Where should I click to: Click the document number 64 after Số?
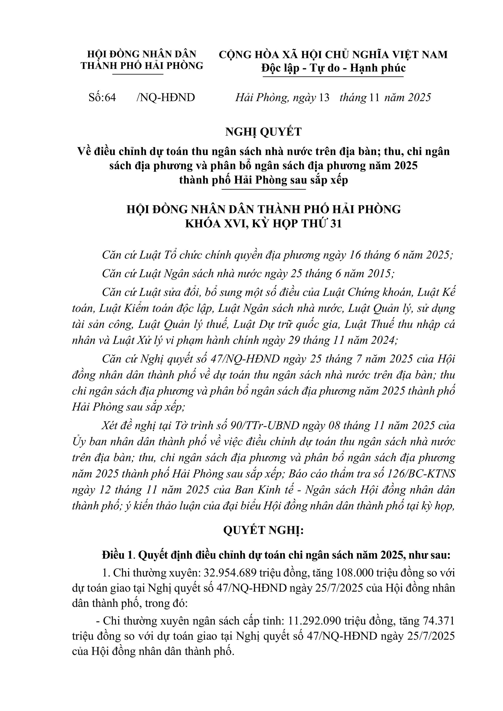(x=110, y=97)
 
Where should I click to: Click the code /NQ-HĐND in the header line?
(x=166, y=97)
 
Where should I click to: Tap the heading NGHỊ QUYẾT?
(x=263, y=132)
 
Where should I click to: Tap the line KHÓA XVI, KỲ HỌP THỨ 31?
(x=263, y=224)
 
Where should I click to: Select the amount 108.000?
(x=354, y=573)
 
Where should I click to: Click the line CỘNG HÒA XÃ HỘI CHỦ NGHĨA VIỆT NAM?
(x=333, y=55)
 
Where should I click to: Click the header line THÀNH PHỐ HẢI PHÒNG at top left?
(x=142, y=66)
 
